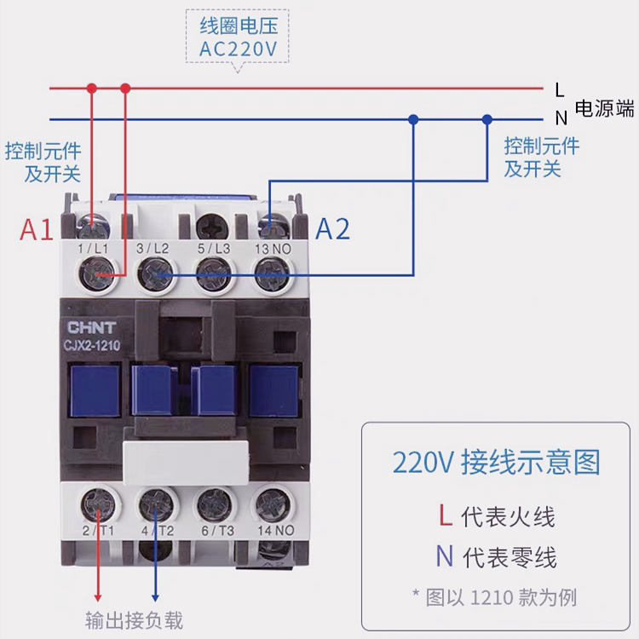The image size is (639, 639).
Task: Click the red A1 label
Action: click(x=36, y=230)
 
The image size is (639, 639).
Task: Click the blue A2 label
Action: click(x=332, y=229)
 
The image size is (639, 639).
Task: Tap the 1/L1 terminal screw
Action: click(x=95, y=275)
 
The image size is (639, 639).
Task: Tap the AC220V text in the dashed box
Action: click(x=239, y=49)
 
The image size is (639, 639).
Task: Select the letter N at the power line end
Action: click(x=561, y=118)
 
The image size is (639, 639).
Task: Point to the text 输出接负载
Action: click(x=134, y=620)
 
